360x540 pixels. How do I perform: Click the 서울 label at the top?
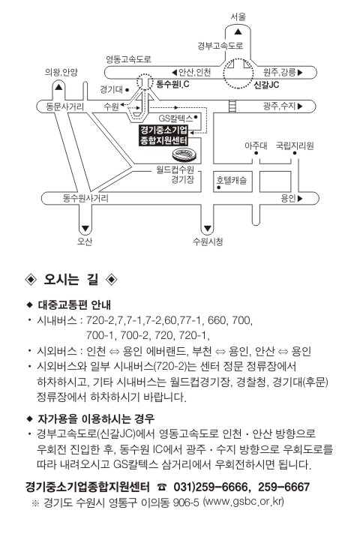[x=238, y=16]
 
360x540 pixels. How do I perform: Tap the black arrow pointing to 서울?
[x=238, y=32]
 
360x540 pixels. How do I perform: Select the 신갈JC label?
[x=266, y=85]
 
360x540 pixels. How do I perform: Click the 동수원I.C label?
[x=172, y=84]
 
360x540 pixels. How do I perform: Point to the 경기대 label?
[x=111, y=90]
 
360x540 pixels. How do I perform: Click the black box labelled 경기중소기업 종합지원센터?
[x=163, y=135]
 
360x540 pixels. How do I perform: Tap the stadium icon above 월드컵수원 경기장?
[x=184, y=154]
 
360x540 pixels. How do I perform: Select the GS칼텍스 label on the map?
[x=175, y=118]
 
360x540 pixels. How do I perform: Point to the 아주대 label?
[x=256, y=145]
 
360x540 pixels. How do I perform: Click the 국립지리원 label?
[x=295, y=145]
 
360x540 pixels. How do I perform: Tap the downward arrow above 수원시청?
[x=207, y=228]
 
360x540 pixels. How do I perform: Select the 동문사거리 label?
[x=64, y=106]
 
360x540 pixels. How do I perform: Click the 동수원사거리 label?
[x=85, y=198]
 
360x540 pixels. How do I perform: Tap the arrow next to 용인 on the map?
[x=300, y=198]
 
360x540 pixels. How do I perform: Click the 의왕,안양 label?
[x=61, y=72]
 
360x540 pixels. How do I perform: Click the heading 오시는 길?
[x=71, y=279]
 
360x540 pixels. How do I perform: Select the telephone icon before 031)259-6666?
[x=161, y=487]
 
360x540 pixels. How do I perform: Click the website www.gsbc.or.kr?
[x=244, y=502]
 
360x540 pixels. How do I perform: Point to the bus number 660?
[x=216, y=320]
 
